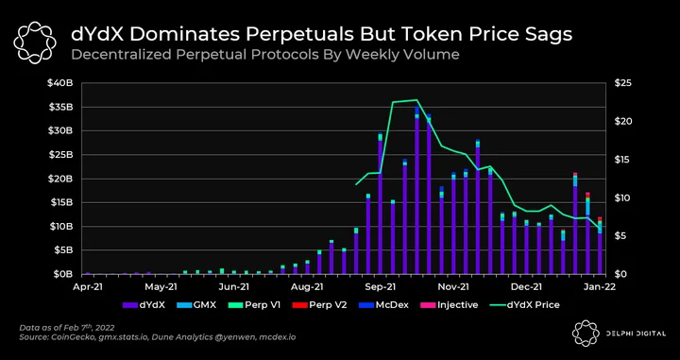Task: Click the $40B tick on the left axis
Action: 63,83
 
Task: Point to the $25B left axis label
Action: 63,155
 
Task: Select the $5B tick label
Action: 65,250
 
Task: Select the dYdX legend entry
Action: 144,305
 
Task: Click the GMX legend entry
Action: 196,305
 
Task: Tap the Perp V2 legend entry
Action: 319,305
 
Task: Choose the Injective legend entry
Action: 449,305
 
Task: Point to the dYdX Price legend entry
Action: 524,305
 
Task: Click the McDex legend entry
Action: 383,305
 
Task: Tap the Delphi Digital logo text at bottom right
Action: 637,334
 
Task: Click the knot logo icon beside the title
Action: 35,43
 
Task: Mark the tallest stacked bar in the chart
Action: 417,190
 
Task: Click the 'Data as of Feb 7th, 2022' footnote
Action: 67,327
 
